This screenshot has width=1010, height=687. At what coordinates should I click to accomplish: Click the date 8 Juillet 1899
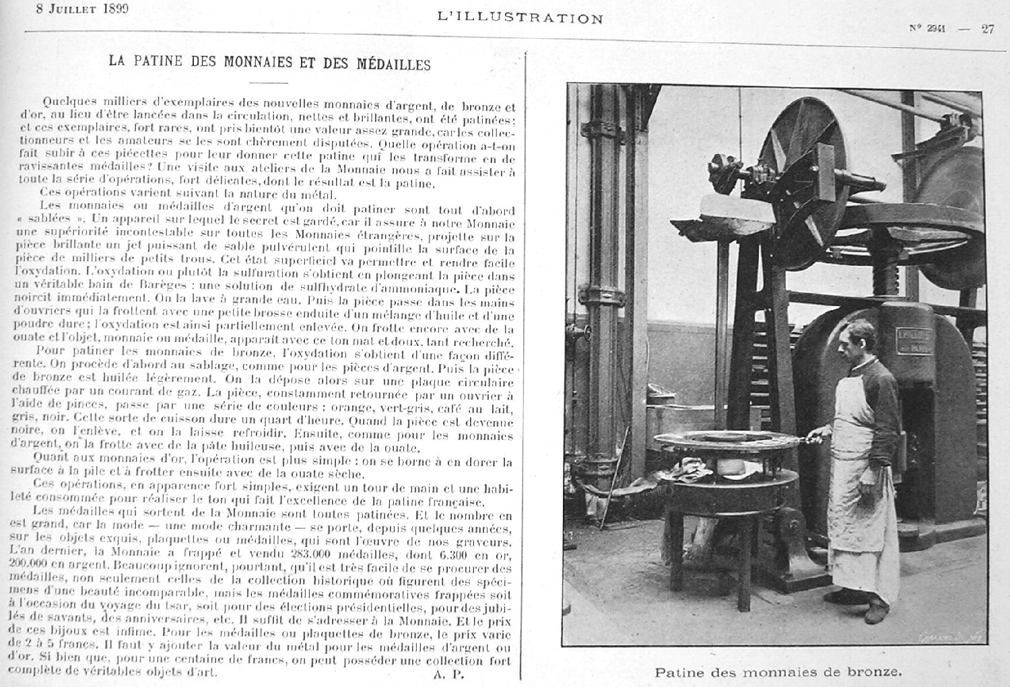83,9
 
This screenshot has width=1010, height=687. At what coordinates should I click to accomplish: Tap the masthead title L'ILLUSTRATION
520,18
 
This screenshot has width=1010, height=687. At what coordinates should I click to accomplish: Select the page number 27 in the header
987,28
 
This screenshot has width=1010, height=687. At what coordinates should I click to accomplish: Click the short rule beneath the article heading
268,82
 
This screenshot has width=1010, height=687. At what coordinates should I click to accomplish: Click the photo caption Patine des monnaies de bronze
777,672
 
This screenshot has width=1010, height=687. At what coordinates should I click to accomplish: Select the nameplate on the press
913,340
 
